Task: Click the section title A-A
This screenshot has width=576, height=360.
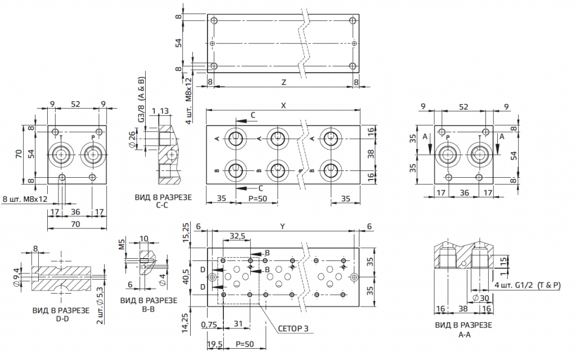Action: click(464, 334)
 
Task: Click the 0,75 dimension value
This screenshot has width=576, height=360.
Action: click(209, 324)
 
